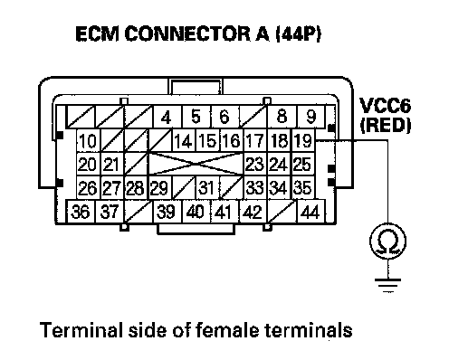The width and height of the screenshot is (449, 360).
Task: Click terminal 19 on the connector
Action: tap(303, 140)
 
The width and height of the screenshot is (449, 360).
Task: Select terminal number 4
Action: tap(167, 117)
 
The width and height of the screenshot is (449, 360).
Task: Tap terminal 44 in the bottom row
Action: tap(310, 211)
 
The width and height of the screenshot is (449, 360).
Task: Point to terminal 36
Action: tap(81, 211)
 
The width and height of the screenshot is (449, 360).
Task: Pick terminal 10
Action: tap(88, 140)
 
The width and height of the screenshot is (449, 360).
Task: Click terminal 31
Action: tap(207, 187)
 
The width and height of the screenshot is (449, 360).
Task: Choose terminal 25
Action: tap(303, 164)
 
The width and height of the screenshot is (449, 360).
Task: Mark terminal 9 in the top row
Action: tap(311, 117)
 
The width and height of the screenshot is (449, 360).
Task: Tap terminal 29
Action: tap(160, 187)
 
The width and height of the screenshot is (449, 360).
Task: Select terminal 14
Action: tap(184, 140)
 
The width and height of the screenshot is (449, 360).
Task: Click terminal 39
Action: tap(167, 211)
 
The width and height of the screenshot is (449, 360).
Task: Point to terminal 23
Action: tap(255, 164)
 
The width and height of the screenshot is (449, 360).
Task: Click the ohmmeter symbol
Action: tap(387, 242)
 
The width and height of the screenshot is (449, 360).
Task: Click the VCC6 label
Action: tap(385, 106)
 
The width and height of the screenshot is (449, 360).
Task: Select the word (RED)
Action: tap(386, 125)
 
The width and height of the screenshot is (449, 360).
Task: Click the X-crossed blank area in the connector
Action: tap(196, 164)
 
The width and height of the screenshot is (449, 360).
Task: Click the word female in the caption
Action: tap(227, 329)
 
